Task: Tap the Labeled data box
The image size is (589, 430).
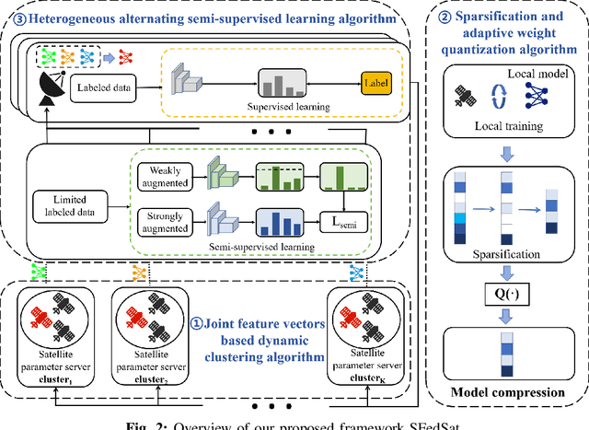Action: (110, 88)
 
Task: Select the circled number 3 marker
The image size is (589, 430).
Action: (11, 17)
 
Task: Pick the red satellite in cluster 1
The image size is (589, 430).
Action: (40, 316)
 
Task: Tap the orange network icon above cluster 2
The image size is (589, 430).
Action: (139, 273)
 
